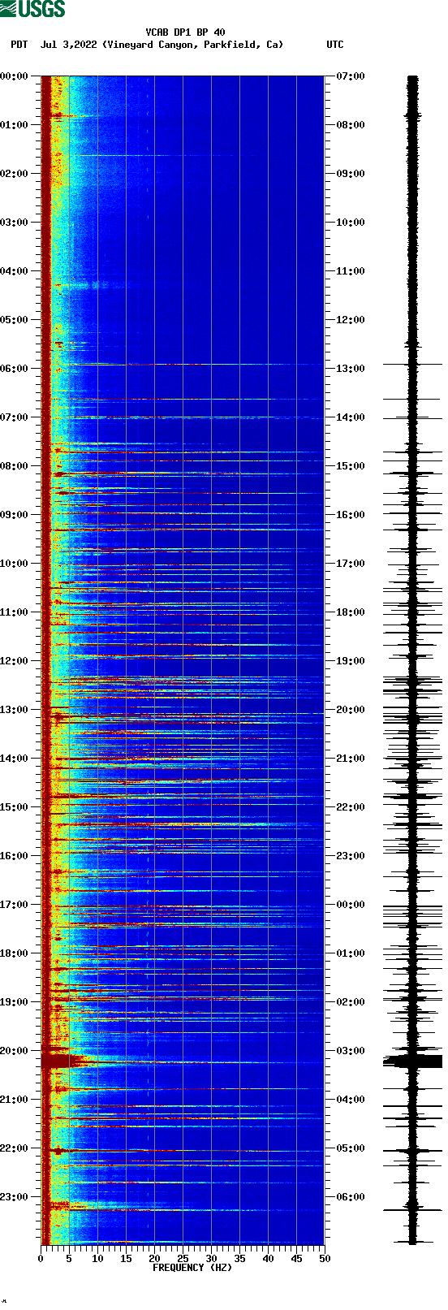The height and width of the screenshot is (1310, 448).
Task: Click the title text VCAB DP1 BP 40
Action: [185, 32]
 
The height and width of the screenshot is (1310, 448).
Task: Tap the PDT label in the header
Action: [19, 45]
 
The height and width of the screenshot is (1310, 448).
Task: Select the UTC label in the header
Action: [335, 45]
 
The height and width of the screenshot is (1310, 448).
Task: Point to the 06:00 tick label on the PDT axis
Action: [15, 369]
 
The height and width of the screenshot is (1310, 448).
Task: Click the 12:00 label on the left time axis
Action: [15, 661]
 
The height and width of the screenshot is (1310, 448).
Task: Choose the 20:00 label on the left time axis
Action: [15, 1051]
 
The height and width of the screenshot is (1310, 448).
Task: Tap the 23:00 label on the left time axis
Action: [15, 1197]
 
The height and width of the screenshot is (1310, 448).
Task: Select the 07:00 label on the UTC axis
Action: [351, 76]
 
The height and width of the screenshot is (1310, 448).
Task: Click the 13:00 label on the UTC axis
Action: [351, 369]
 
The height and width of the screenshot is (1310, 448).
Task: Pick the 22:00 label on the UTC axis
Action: [351, 807]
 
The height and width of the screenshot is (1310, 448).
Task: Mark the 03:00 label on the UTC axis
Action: [351, 1051]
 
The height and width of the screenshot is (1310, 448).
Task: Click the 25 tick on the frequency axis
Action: [183, 1259]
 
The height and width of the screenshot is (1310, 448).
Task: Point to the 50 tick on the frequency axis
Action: [325, 1259]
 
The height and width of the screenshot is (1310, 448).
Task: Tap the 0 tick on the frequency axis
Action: [41, 1259]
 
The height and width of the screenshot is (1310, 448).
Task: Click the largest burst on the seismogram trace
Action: [413, 1061]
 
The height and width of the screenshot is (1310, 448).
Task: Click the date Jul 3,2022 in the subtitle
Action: [68, 45]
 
